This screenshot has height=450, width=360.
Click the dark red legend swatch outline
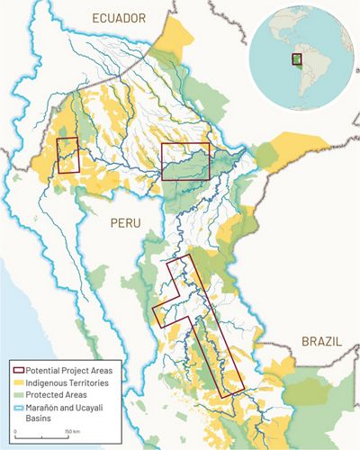[18, 370]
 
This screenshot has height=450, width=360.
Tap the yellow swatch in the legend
[18, 382]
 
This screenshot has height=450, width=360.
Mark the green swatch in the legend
[18, 394]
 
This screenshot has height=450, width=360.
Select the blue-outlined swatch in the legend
[18, 407]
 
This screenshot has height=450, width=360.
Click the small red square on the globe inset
[295, 59]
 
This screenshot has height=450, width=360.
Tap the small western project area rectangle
[67, 155]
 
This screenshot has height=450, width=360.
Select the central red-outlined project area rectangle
[184, 161]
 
